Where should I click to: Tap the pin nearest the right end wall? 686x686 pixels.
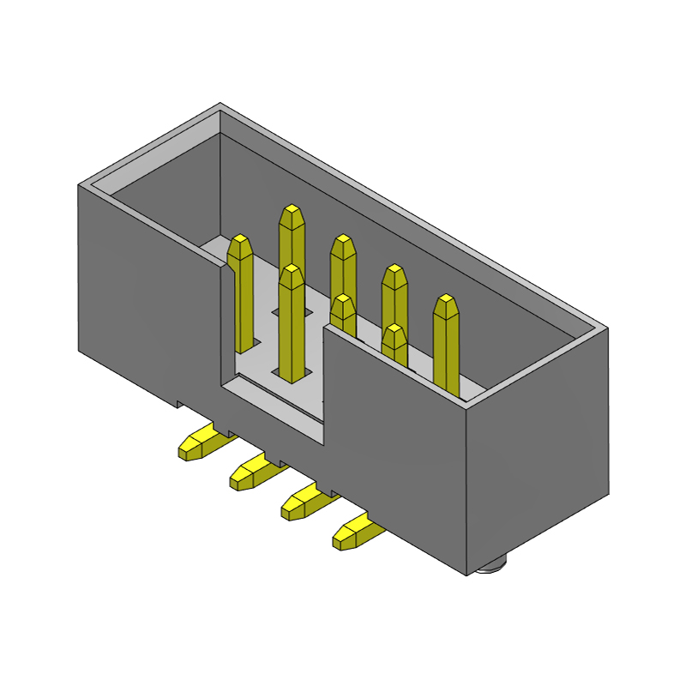[x=447, y=343]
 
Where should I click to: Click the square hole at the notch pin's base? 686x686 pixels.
[x=292, y=374]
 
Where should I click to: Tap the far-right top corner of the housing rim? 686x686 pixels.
[x=607, y=328]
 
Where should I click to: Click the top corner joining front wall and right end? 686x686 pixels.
[x=467, y=409]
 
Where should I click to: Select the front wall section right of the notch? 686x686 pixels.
[x=394, y=446]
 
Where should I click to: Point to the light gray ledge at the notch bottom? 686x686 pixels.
[x=274, y=412]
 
